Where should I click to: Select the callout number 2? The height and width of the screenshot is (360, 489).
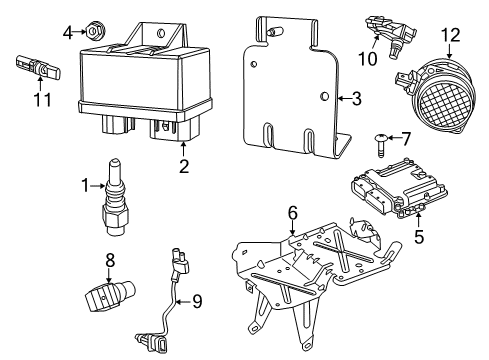point(183,166)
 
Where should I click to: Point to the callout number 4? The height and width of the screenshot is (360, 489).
point(68,32)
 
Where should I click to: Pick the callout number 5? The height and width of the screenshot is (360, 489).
point(419,238)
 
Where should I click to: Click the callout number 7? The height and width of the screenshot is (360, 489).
point(406,138)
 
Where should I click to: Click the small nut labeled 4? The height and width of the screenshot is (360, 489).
point(93,33)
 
